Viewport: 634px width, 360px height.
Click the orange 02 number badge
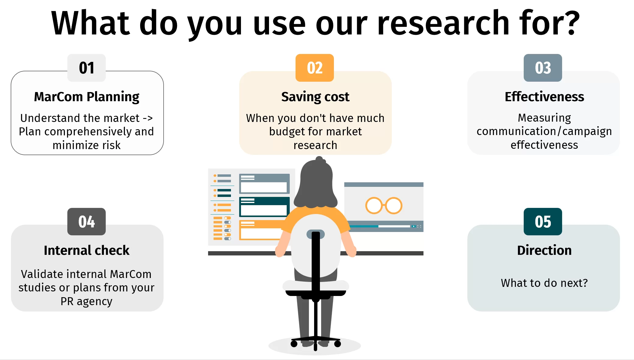click(314, 68)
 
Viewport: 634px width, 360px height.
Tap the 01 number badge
click(87, 68)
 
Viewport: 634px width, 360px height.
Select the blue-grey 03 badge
click(543, 68)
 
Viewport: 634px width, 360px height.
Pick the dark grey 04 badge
click(87, 222)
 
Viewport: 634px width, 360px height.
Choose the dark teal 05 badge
click(543, 222)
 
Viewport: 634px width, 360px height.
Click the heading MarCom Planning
click(87, 97)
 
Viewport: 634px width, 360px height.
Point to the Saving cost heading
click(315, 97)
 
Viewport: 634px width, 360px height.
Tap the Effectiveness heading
click(544, 97)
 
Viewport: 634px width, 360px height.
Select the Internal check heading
click(87, 250)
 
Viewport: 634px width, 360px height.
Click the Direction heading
click(544, 250)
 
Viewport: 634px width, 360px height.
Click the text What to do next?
click(544, 283)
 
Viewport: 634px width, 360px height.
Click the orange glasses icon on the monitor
click(384, 206)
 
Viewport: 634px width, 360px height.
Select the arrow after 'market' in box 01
click(148, 118)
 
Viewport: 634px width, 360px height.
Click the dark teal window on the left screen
click(264, 207)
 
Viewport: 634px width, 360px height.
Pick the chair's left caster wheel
click(294, 344)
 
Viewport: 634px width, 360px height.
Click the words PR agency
click(87, 301)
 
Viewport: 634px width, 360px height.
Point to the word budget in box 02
click(287, 132)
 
